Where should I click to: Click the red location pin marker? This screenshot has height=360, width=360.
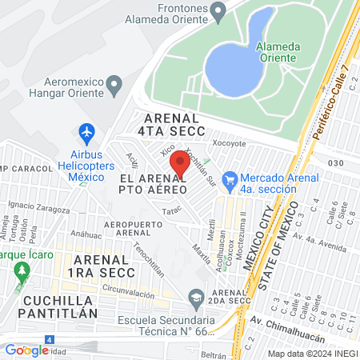coord(180,164)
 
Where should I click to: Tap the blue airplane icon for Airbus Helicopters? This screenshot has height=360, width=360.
coord(87,131)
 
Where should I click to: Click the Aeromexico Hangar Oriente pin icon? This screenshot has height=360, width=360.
coord(114,83)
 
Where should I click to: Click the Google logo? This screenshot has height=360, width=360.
coord(26,350)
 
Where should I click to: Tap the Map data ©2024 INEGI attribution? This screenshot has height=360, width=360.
coord(311,354)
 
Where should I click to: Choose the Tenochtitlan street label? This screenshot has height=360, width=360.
coord(149,258)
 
